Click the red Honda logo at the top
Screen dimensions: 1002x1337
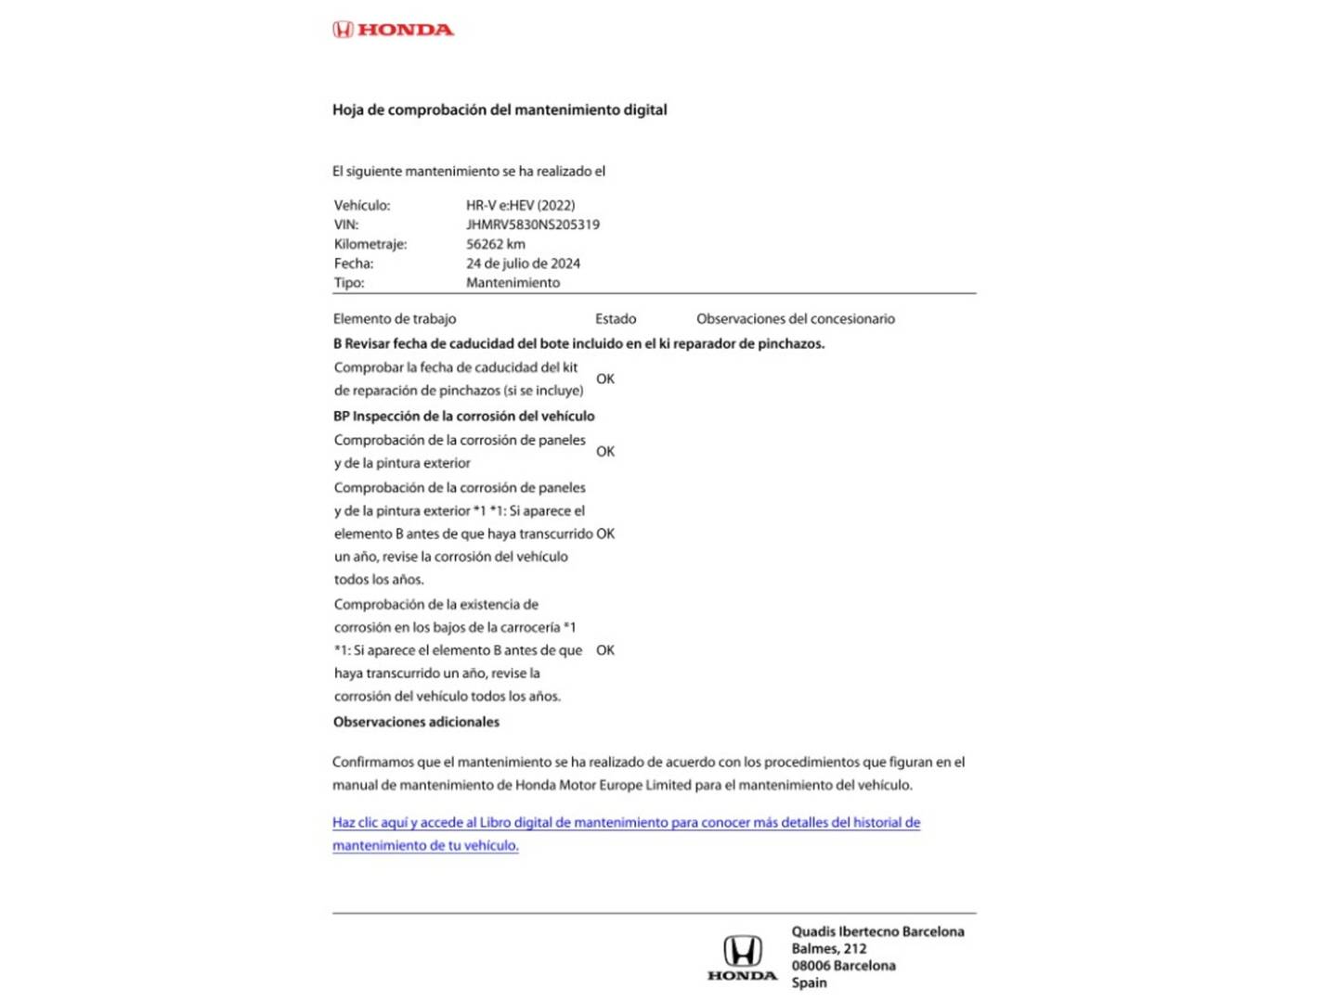[x=393, y=30]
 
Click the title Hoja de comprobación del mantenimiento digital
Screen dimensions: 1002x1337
[x=500, y=109]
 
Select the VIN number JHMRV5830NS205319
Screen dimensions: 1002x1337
[x=532, y=225]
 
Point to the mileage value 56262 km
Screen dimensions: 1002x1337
[x=495, y=244]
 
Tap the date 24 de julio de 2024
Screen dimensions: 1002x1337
[x=523, y=263]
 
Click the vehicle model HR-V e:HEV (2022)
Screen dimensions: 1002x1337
[x=520, y=205]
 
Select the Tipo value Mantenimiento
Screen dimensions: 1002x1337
[x=513, y=283]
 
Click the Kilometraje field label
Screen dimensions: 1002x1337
[x=370, y=244]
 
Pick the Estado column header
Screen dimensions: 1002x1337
[x=616, y=318]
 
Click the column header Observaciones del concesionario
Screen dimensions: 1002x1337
[x=796, y=318]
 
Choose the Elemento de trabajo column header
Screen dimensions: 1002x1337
[x=395, y=318]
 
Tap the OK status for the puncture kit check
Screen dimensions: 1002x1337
[x=605, y=379]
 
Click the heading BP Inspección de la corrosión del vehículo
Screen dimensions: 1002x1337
[x=463, y=416]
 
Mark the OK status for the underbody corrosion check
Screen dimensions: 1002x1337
[x=605, y=650]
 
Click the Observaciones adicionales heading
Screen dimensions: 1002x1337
[x=416, y=722]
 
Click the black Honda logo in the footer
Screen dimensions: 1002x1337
[x=742, y=958]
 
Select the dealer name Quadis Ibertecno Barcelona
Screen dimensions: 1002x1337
[x=877, y=931]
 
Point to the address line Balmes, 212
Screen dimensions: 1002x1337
[x=828, y=948]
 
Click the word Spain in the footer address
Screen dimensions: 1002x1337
[x=809, y=983]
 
